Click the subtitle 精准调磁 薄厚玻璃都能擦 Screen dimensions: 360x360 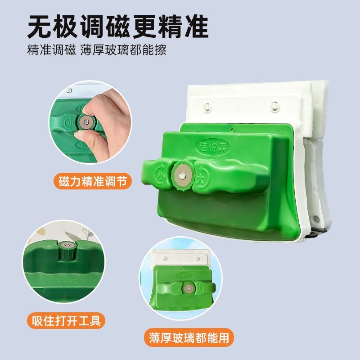point(97,49)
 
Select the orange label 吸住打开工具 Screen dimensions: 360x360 point(66,321)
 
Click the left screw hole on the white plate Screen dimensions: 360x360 point(207,106)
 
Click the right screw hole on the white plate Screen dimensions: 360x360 point(274,106)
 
